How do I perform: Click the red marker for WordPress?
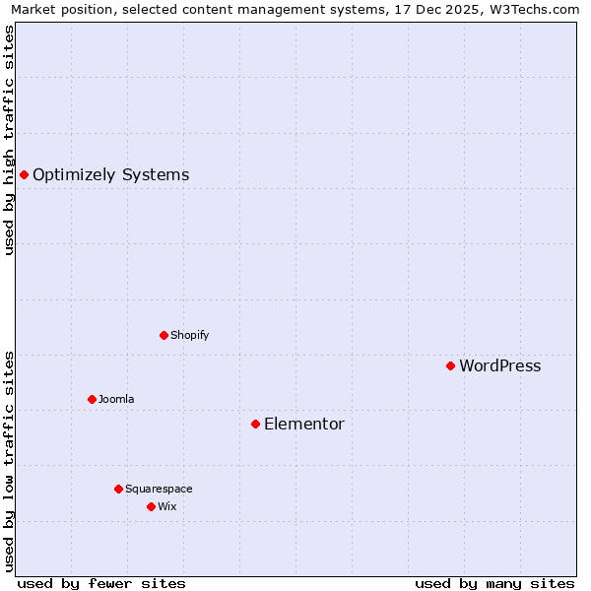click(450, 365)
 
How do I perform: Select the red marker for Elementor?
click(255, 424)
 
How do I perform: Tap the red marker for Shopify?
click(164, 335)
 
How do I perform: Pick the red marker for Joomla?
click(92, 399)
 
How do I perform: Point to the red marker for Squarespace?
click(118, 489)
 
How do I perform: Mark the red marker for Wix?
click(151, 506)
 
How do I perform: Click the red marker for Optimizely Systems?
click(24, 174)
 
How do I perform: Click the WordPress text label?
click(499, 366)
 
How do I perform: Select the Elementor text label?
click(304, 425)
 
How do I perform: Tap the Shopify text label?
click(189, 335)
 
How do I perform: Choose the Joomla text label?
click(116, 399)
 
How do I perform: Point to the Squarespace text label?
click(159, 489)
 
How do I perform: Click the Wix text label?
click(166, 506)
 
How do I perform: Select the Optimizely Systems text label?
click(110, 175)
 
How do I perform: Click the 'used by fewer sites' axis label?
click(101, 583)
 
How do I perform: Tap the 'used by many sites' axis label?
click(494, 583)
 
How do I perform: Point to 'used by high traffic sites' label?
click(9, 140)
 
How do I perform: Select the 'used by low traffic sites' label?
click(9, 460)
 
